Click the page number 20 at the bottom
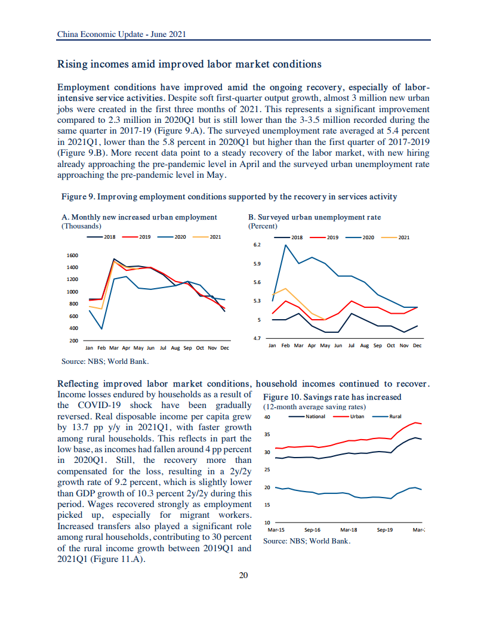pyautogui.click(x=243, y=575)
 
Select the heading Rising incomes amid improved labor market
pyautogui.click(x=189, y=64)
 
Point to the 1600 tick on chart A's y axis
pyautogui.click(x=72, y=255)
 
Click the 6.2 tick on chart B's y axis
pyautogui.click(x=257, y=245)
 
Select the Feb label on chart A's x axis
pyautogui.click(x=101, y=347)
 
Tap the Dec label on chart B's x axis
pyautogui.click(x=417, y=345)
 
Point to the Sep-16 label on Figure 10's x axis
pyautogui.click(x=313, y=529)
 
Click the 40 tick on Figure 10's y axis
pyautogui.click(x=267, y=417)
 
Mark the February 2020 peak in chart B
pyautogui.click(x=286, y=245)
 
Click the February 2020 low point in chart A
pyautogui.click(x=101, y=329)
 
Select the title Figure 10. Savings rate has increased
pyautogui.click(x=332, y=397)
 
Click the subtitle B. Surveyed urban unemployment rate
pyautogui.click(x=314, y=217)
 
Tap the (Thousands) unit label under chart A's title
pyautogui.click(x=82, y=226)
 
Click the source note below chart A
pyautogui.click(x=105, y=361)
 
